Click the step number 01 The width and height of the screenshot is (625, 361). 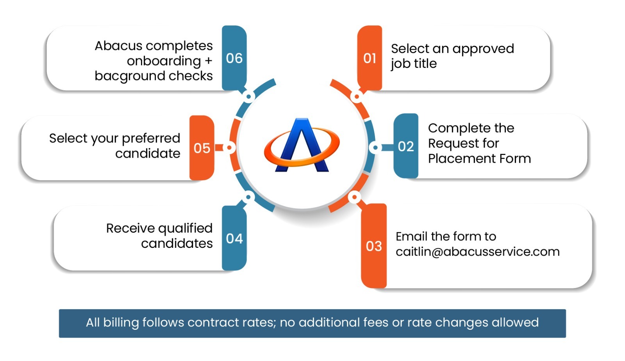370,58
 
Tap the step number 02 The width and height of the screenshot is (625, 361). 405,146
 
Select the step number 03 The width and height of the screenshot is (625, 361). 373,246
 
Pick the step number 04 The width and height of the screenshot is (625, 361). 234,238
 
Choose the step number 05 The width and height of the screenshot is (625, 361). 202,148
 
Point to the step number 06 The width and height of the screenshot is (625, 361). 234,58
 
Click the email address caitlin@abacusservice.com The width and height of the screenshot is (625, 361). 477,252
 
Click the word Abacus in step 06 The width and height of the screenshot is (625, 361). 118,46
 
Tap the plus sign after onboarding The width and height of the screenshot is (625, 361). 208,61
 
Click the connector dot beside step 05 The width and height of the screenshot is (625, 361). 229,148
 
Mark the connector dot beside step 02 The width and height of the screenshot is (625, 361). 375,148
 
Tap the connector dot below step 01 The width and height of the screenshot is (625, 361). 356,96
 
